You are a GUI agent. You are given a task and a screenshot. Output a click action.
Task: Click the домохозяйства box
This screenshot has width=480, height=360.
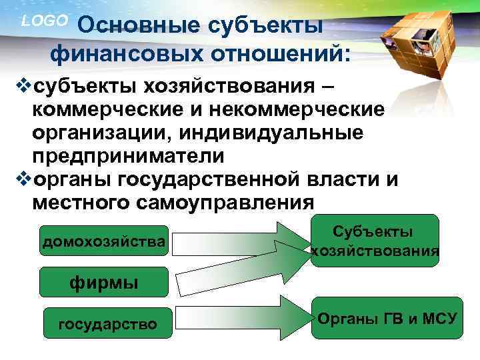(x=103, y=241)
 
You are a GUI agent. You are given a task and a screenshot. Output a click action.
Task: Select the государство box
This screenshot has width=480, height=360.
(x=108, y=325)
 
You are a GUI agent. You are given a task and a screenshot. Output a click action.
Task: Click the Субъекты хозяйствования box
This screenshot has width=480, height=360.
(x=375, y=241)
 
